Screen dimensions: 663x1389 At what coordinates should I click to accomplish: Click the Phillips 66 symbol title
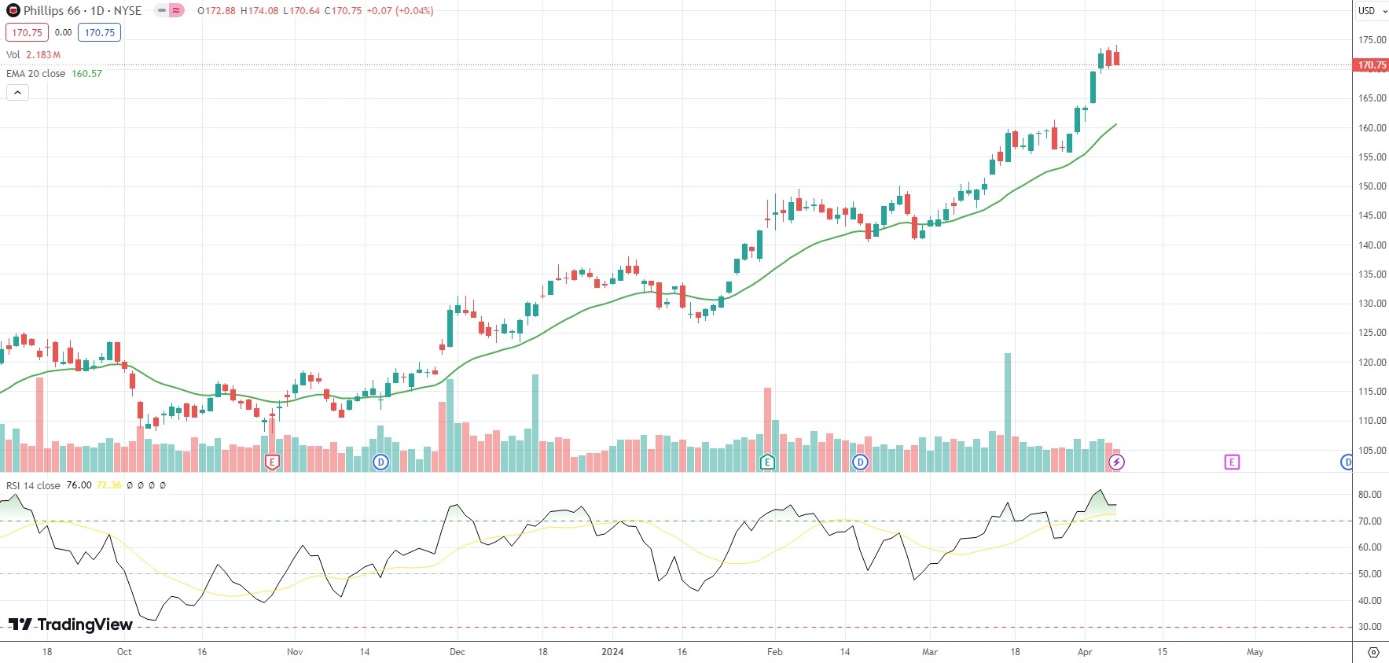pos(75,11)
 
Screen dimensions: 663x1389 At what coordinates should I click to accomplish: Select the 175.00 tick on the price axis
pos(1372,40)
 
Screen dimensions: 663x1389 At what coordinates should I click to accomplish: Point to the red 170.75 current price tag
pos(1372,65)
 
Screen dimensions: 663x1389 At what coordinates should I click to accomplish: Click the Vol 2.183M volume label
pos(33,55)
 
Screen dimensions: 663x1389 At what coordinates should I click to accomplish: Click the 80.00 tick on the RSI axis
pos(1369,495)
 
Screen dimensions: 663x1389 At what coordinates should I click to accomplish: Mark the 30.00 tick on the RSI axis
pos(1369,627)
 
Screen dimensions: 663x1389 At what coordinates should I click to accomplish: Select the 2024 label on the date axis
pos(612,652)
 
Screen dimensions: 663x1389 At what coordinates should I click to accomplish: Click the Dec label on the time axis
pos(457,652)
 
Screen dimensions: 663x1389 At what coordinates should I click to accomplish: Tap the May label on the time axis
pos(1255,652)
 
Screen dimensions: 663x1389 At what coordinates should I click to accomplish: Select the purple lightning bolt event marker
pos(1116,462)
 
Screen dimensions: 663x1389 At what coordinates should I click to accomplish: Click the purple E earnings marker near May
pos(1232,462)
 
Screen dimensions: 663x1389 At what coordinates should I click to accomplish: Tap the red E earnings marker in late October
pos(272,462)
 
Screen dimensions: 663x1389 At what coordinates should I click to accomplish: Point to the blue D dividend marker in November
pos(380,462)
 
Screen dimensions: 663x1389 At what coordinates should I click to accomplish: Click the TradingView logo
pos(71,624)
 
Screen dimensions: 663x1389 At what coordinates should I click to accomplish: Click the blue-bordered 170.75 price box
pos(99,33)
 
